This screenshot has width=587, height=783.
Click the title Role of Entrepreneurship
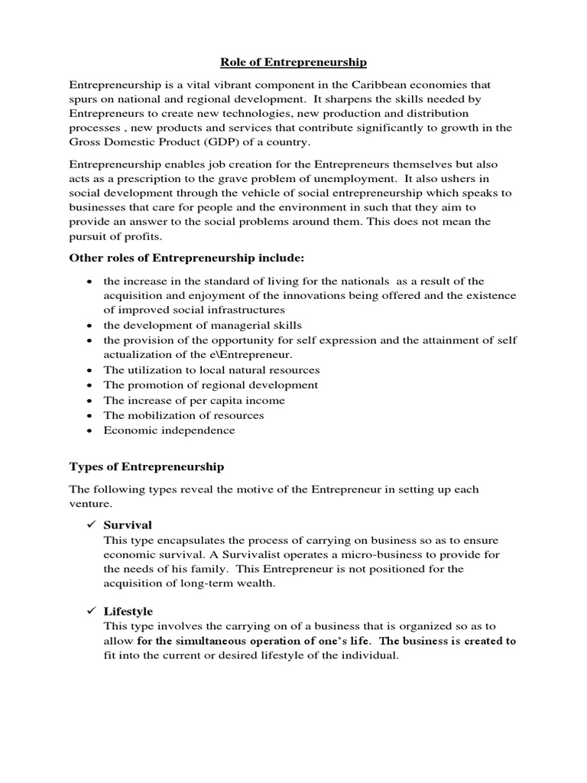coord(294,62)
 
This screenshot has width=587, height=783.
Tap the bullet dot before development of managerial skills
coord(90,325)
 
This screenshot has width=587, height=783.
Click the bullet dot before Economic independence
coord(90,430)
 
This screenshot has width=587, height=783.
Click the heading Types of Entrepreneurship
coord(147,466)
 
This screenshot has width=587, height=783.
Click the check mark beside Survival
coord(90,525)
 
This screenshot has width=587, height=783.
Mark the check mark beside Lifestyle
coord(90,611)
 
